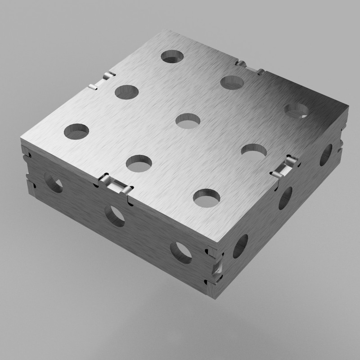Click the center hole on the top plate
coord(188,121)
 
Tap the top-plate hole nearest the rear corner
coord(173,57)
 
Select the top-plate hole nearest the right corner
coord(297,110)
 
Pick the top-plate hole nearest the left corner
coord(76,131)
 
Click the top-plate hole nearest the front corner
coord(207,198)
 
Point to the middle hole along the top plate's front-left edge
coord(139,163)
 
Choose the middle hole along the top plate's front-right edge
coord(254,151)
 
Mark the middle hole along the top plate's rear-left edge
coord(126,92)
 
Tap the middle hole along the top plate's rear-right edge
coord(232,82)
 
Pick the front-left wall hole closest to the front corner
coord(181,252)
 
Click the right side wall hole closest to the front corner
coord(240,246)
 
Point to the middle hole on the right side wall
coord(285,198)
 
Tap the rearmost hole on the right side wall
coord(326,155)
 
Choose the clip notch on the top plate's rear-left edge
coord(102,80)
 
